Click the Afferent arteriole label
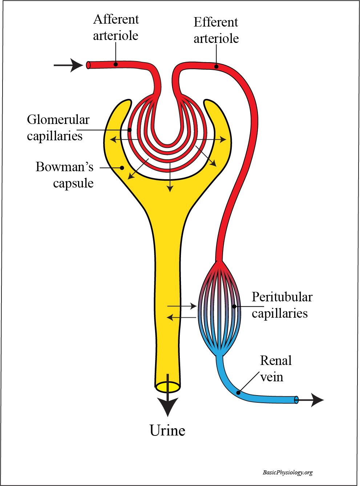coord(116,27)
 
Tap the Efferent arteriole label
coord(216,30)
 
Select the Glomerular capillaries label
coord(58,128)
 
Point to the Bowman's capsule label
coord(65,175)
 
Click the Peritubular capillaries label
coord(282,305)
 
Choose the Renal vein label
coord(276,369)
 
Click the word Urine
coord(167,430)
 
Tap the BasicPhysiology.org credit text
coord(287,473)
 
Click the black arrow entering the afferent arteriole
coord(68,65)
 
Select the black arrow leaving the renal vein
coord(311,400)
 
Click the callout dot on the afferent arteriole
coord(116,64)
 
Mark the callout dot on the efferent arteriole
coord(216,67)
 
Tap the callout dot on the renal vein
coord(238,393)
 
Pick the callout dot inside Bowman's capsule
coord(122,168)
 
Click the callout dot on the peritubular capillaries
coord(234,306)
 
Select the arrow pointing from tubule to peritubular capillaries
coord(182,306)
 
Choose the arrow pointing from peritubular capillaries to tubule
coord(181,318)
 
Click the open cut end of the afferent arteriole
coord(88,65)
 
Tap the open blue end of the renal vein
coord(296,400)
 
